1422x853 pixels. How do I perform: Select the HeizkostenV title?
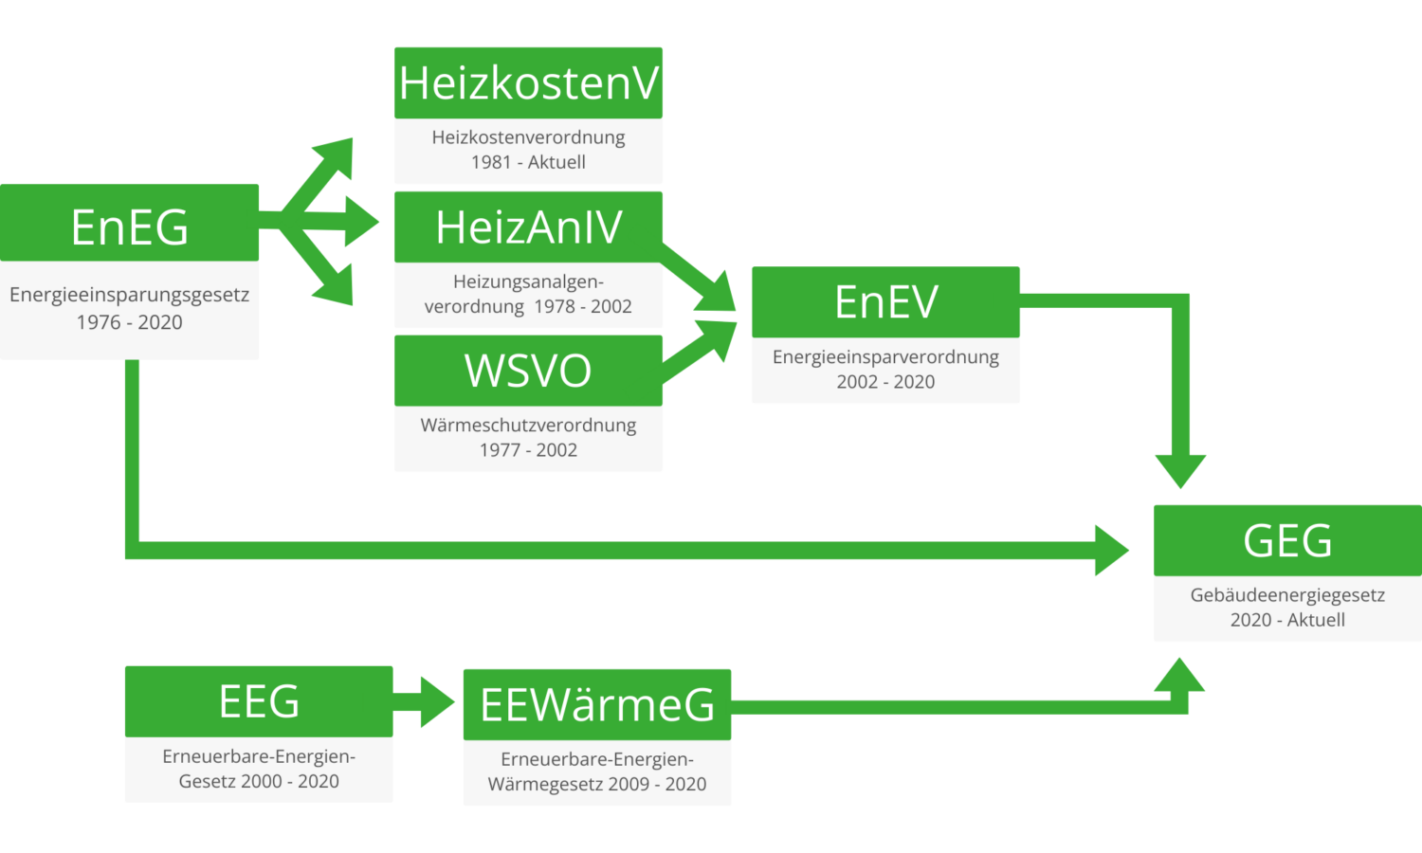tap(528, 82)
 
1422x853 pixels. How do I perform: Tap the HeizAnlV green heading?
tap(528, 227)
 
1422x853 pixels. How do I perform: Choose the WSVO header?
tap(528, 371)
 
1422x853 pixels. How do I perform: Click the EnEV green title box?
tap(885, 302)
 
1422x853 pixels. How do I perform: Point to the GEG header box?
tap(1286, 540)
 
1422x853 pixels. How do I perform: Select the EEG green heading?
tap(259, 701)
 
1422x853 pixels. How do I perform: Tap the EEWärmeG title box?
tap(596, 704)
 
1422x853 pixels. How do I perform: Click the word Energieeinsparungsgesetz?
tap(130, 295)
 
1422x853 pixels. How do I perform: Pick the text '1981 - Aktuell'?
tap(528, 162)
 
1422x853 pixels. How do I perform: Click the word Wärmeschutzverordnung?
tap(528, 426)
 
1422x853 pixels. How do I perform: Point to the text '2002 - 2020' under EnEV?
tap(885, 382)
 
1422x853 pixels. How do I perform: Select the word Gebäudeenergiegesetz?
tap(1286, 595)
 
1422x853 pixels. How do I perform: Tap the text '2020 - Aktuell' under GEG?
tap(1286, 620)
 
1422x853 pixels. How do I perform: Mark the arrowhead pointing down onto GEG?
tap(1180, 469)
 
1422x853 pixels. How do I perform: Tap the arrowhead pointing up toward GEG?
tap(1180, 675)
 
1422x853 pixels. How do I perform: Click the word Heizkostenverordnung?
tap(528, 137)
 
